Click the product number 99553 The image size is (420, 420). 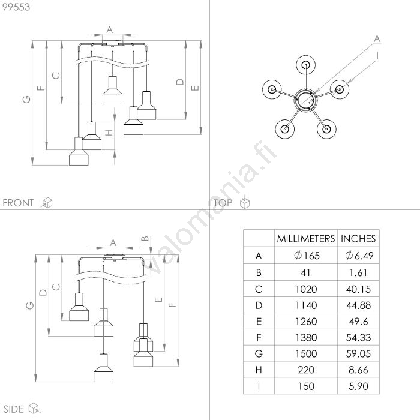16,7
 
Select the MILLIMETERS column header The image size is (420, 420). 306,238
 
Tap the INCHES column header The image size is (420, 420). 358,238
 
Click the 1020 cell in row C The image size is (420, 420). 306,289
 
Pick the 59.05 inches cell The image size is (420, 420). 358,353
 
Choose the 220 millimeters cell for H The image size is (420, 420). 306,370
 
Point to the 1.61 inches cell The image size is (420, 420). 358,272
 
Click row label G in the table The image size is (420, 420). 259,353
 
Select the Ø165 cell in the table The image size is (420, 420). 307,256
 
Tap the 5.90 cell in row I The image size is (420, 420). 358,386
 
